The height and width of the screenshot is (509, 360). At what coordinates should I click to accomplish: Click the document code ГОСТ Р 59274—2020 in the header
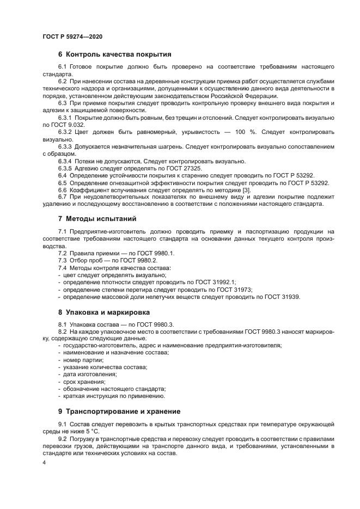tap(72, 36)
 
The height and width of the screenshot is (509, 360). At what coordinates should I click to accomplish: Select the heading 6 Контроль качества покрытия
tap(114, 54)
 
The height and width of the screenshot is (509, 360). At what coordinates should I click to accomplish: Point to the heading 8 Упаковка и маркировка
tap(107, 312)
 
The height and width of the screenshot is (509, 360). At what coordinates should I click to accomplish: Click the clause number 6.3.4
tap(66, 161)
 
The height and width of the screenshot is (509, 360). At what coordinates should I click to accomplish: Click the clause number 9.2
tap(62, 438)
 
